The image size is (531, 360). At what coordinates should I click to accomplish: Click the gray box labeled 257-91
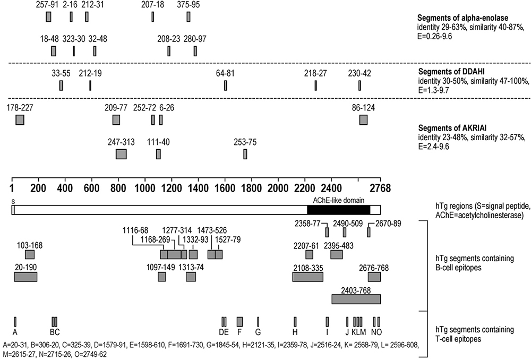[x=48, y=17]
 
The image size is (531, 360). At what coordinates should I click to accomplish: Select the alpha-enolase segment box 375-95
[x=189, y=17]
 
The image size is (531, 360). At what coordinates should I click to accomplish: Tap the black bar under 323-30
[x=74, y=51]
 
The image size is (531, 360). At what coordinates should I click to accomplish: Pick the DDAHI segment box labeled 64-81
[x=226, y=85]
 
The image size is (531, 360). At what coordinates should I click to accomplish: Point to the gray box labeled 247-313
[x=121, y=154]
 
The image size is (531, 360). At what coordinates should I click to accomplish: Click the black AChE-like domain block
[x=338, y=210]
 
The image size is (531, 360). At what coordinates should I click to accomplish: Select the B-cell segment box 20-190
[x=25, y=277]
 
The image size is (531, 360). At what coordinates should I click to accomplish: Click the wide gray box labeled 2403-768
[x=356, y=299]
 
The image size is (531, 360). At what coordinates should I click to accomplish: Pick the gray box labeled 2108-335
[x=307, y=277]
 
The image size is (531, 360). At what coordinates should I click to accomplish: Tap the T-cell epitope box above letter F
[x=239, y=321]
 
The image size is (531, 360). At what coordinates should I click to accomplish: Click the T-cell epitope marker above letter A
[x=15, y=321]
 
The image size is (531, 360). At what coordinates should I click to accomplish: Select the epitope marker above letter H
[x=295, y=321]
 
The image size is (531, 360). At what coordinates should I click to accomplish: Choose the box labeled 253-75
[x=245, y=154]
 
